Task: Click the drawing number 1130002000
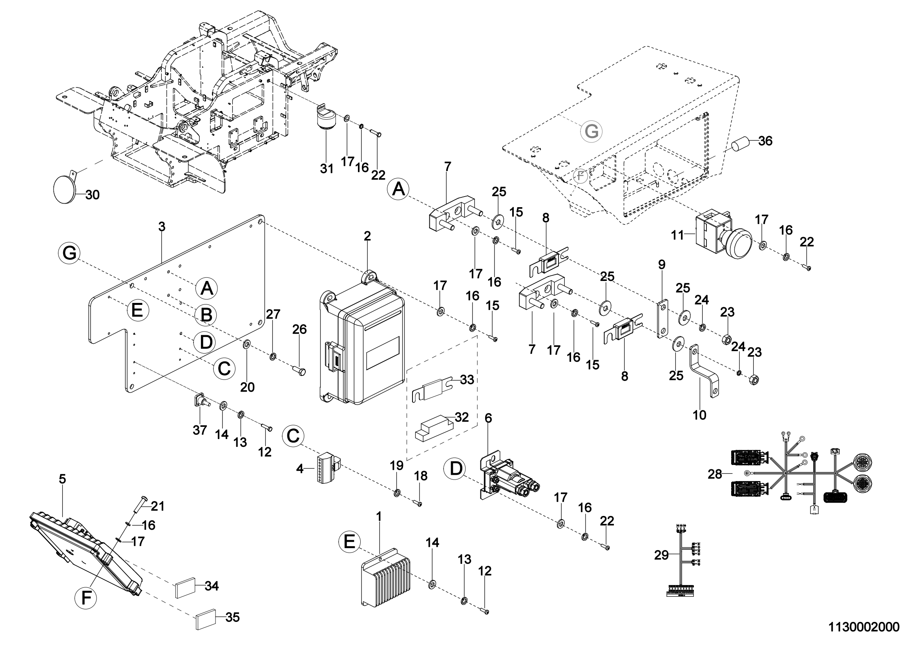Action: tap(863, 627)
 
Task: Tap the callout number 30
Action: tap(92, 195)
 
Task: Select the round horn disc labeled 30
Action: tap(64, 189)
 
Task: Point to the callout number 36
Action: tap(765, 141)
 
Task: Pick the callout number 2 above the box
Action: tap(367, 236)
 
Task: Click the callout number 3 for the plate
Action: tap(162, 227)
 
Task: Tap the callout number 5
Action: tap(62, 479)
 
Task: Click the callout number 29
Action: tap(661, 555)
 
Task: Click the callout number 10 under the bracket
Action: tap(699, 415)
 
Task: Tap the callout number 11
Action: tap(678, 235)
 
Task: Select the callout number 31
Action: tap(327, 169)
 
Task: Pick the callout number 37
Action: tap(200, 430)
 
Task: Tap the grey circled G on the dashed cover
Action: tap(591, 131)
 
